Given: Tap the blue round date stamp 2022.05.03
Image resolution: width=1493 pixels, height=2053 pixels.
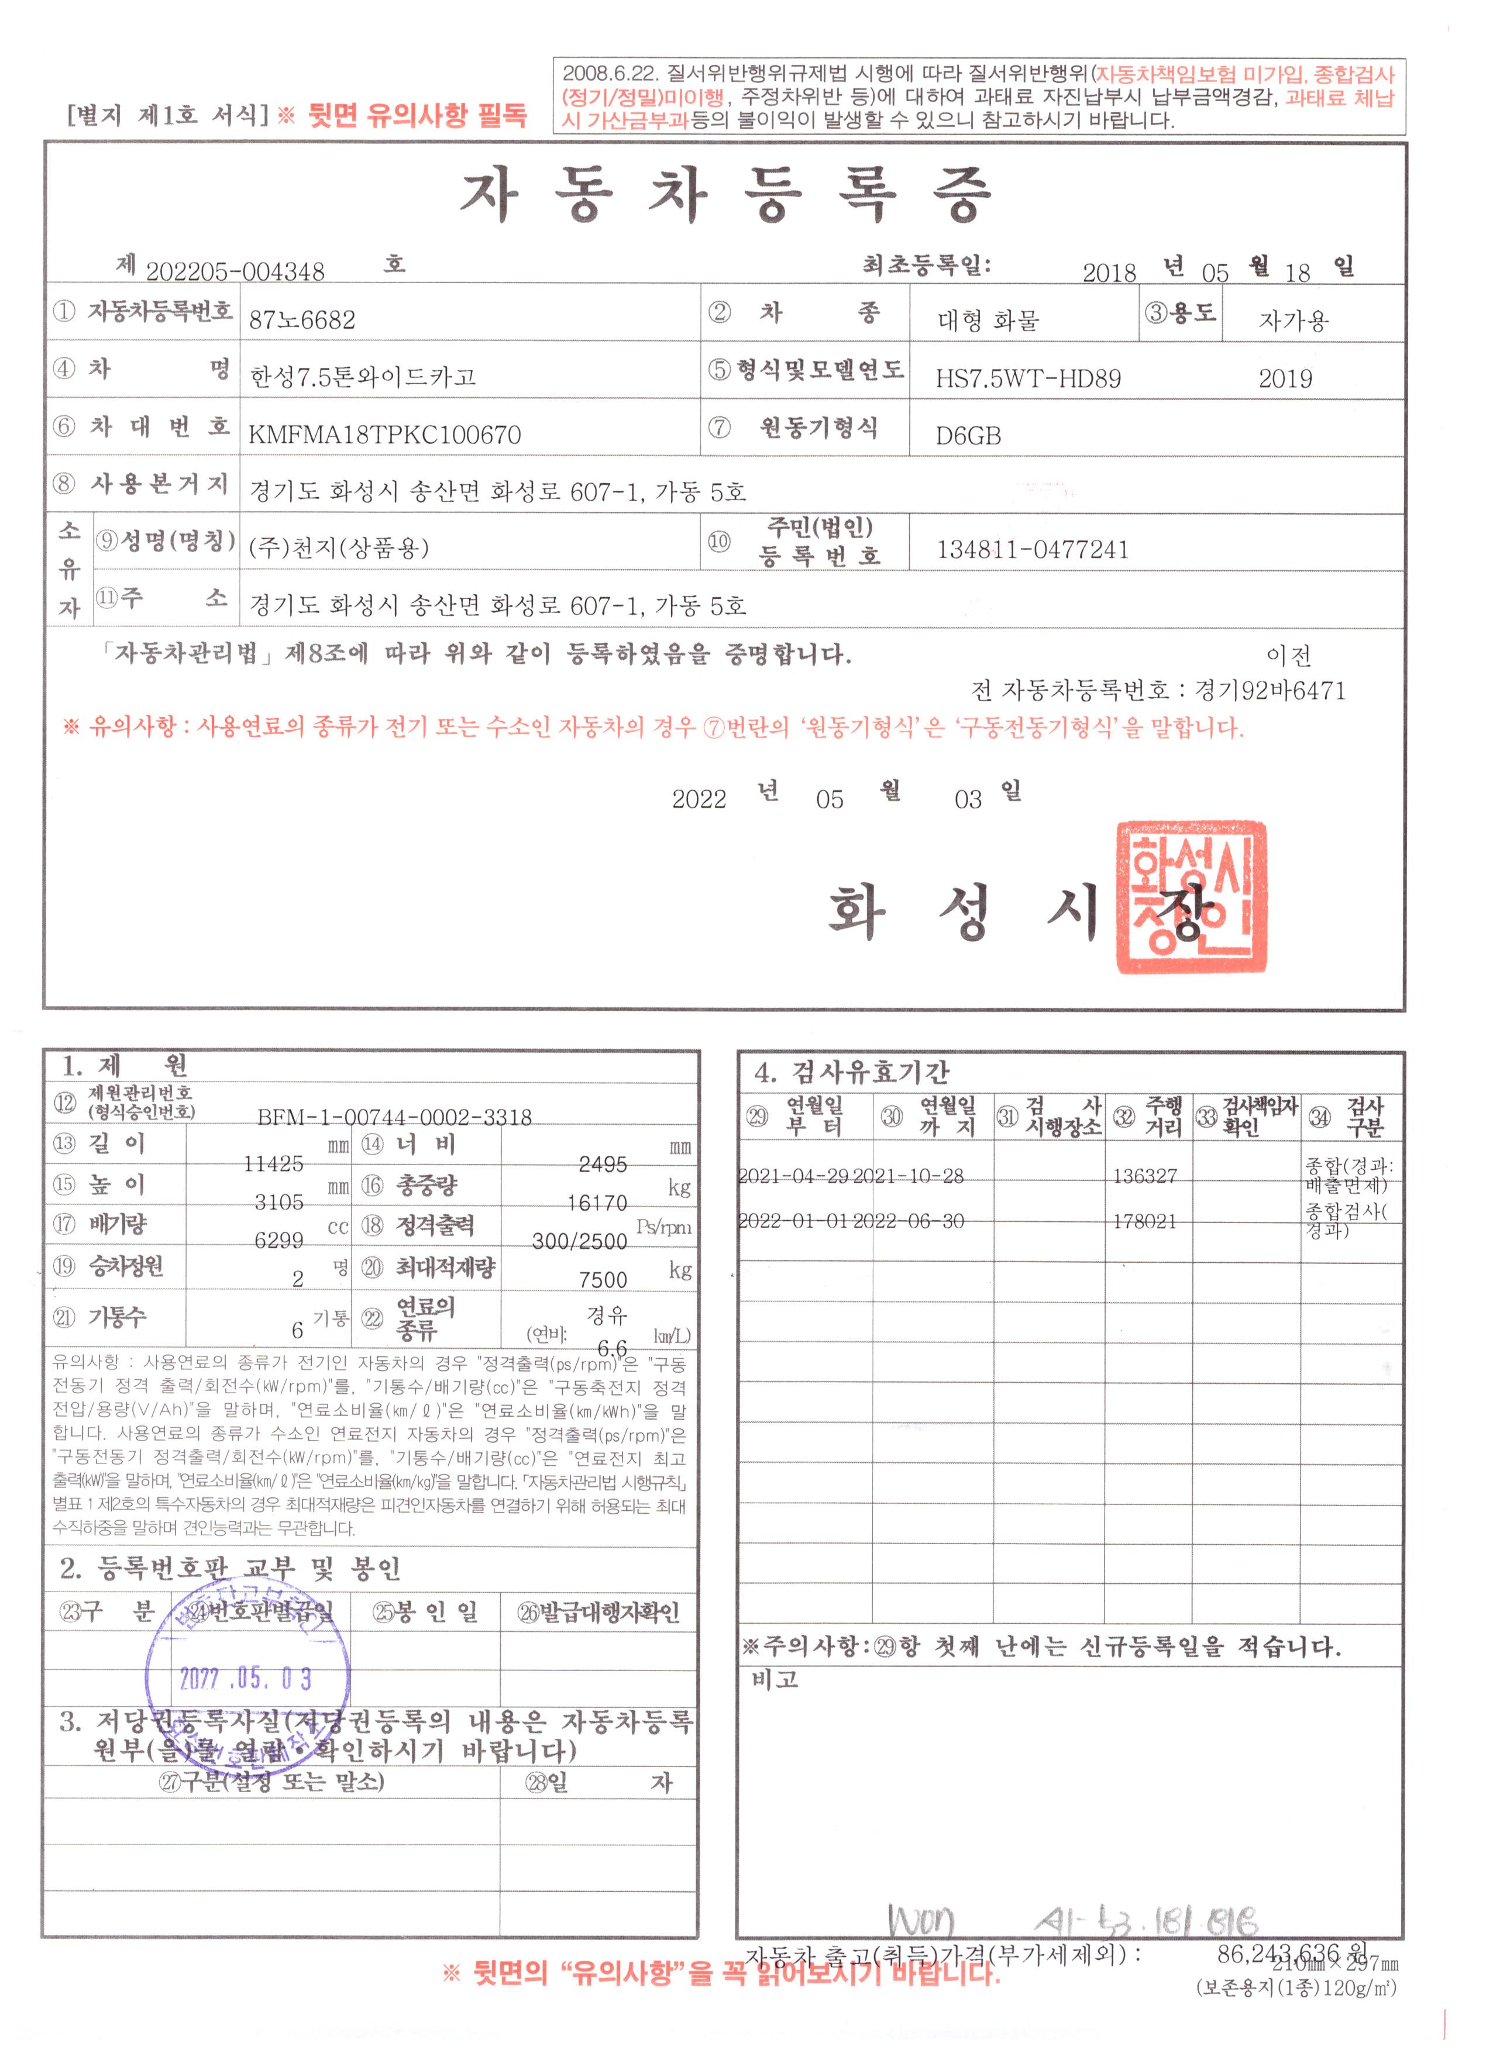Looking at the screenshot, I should coord(246,1677).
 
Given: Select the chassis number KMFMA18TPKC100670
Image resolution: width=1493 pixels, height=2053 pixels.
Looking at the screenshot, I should coord(385,435).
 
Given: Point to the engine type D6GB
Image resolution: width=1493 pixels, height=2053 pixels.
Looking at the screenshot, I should coord(968,436).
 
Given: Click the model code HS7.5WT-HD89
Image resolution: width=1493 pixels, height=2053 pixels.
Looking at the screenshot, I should coord(1028,378).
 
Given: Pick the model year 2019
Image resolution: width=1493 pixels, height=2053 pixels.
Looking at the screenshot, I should coord(1285,378).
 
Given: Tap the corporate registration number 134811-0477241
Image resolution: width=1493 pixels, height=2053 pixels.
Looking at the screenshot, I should coord(1032,549).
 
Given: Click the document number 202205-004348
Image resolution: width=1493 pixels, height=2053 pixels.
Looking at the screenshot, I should coord(235,271).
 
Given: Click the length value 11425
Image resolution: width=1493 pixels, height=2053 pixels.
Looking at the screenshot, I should coord(273,1163).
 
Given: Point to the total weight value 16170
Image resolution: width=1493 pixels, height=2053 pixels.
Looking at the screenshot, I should coord(597,1203).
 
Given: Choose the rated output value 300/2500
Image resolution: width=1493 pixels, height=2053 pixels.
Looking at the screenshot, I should coord(579,1241).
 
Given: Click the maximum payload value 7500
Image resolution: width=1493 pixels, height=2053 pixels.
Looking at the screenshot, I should coord(603,1279).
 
